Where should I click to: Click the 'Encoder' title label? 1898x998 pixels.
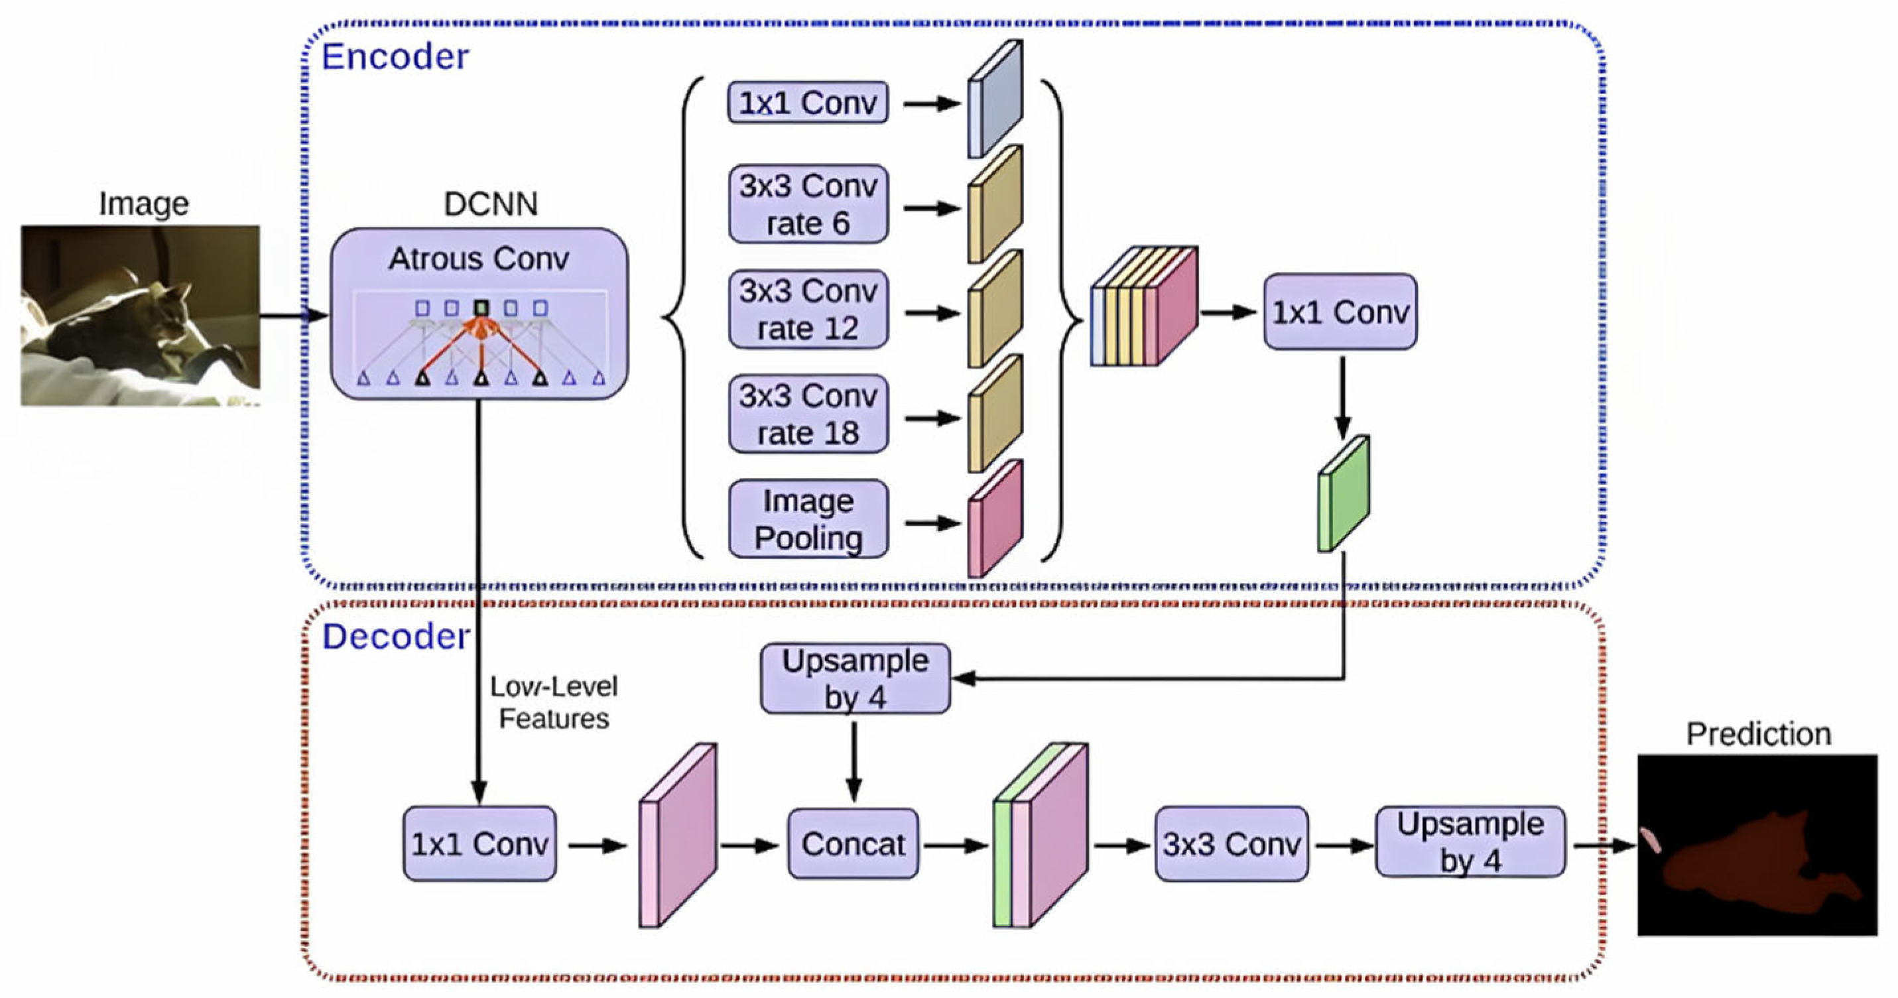[x=395, y=58]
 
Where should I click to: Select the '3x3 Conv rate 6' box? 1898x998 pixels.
[x=808, y=205]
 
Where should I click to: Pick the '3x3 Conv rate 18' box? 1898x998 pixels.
[x=808, y=414]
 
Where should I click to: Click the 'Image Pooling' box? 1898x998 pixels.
[x=808, y=520]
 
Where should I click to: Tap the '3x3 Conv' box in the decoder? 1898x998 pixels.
[x=1232, y=844]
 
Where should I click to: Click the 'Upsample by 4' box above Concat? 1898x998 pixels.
[x=855, y=679]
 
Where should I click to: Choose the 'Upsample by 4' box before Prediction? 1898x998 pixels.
[x=1470, y=843]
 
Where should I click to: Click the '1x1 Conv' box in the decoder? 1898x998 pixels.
[x=479, y=844]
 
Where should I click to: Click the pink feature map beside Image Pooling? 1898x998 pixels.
[x=995, y=519]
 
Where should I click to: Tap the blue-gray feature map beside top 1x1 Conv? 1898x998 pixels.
[x=995, y=99]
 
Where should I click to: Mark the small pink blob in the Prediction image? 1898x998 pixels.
[x=1651, y=840]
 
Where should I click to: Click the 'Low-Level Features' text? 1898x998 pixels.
[x=553, y=703]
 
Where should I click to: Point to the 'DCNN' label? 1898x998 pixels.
[x=491, y=204]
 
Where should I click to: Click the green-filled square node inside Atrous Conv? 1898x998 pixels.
[x=481, y=307]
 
